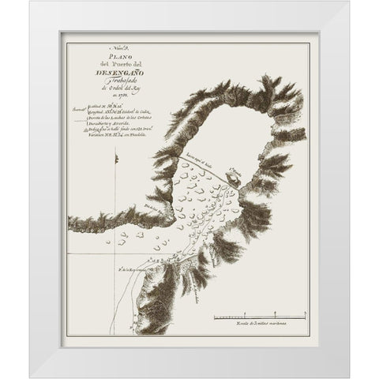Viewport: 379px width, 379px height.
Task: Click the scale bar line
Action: point(257,317)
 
